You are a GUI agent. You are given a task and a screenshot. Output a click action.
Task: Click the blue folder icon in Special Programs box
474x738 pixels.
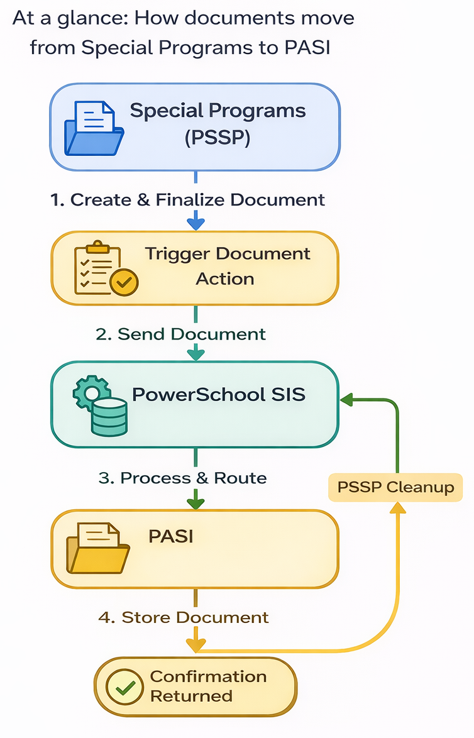94,128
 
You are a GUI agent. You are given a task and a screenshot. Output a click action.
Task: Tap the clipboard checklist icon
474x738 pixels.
106,268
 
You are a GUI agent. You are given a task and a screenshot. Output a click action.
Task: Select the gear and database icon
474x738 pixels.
100,405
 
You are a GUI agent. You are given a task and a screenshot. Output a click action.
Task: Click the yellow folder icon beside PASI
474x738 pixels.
98,548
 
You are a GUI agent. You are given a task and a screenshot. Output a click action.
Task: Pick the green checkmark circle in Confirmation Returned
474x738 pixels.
124,686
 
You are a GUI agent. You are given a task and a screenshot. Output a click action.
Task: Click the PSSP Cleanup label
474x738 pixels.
395,487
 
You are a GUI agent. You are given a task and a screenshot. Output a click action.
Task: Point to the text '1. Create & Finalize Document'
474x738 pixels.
187,200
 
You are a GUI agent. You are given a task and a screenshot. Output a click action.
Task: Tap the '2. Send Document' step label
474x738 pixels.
180,334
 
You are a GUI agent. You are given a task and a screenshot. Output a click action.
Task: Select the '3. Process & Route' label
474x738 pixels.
183,478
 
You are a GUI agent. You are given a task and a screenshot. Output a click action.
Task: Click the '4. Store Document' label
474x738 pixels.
184,617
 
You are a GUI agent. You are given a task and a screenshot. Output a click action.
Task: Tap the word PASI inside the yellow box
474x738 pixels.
171,537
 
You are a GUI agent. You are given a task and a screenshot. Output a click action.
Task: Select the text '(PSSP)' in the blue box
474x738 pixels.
218,138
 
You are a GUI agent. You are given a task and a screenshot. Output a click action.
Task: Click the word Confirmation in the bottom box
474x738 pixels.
209,676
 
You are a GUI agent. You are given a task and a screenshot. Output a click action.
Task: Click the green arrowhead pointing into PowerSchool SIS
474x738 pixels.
346,400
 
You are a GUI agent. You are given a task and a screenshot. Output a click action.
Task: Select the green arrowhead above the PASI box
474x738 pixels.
196,503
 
